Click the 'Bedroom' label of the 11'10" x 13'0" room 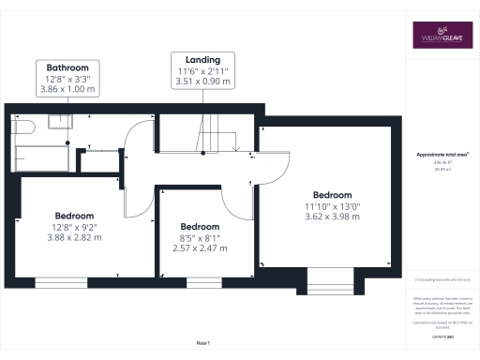(333, 194)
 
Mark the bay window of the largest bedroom (330, 278)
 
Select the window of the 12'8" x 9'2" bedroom (75, 280)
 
